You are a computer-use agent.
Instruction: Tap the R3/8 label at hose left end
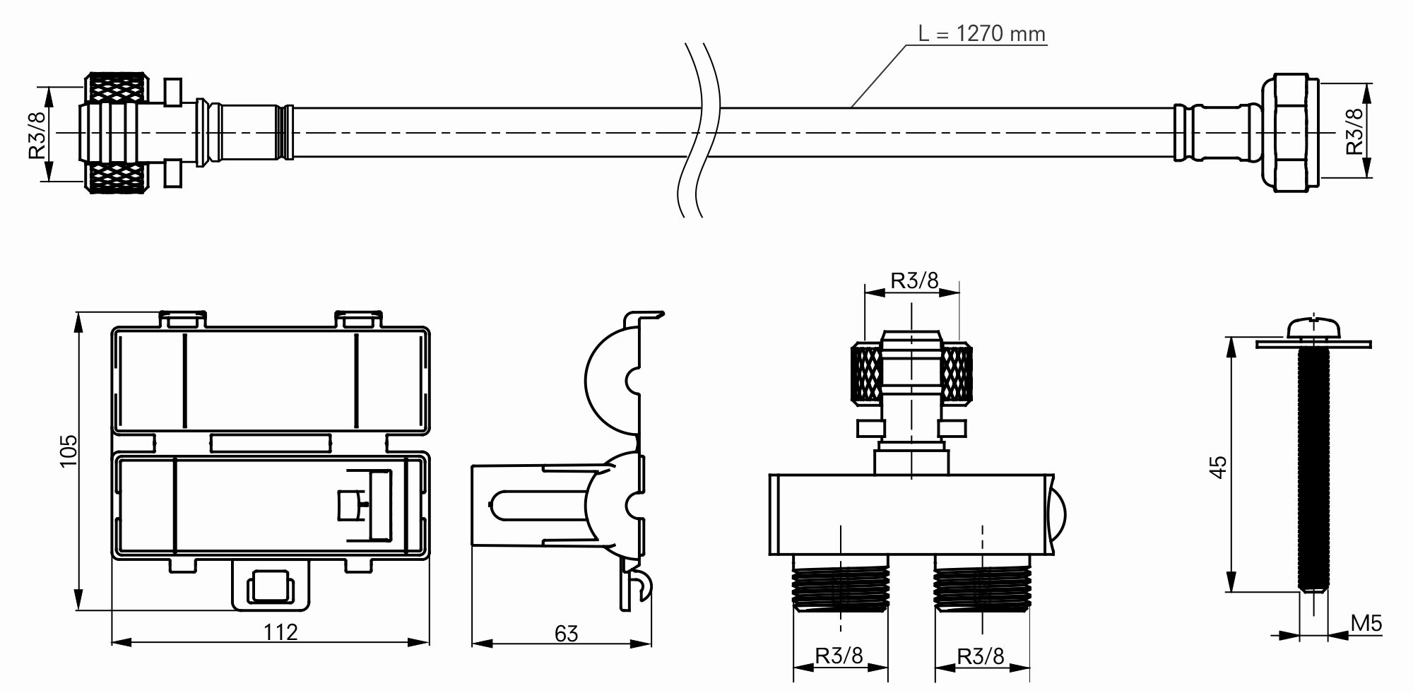38,134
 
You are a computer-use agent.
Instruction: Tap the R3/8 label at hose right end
1354,131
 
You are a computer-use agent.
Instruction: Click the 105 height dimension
68,451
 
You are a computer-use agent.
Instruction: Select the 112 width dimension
280,631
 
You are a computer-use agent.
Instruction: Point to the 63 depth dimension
566,634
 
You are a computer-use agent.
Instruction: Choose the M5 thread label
1366,623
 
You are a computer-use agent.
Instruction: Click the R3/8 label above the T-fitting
914,280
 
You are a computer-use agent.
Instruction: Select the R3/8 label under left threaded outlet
839,656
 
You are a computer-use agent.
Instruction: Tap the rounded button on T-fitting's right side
1058,514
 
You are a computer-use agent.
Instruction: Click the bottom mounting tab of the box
271,586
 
